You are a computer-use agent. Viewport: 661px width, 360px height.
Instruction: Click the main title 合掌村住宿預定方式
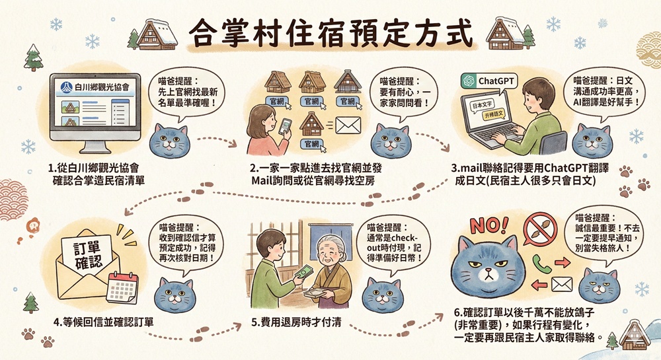[x=330, y=33]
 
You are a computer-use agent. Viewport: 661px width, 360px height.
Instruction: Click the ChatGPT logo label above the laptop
[x=488, y=81]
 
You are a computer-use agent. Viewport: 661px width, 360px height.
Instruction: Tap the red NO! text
[x=489, y=226]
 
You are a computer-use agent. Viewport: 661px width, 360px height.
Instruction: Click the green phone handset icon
[x=539, y=264]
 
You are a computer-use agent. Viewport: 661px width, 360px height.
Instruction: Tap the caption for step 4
[x=104, y=322]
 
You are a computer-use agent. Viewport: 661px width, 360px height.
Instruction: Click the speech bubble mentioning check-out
[x=389, y=244]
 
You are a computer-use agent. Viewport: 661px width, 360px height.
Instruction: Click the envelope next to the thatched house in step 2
[x=348, y=126]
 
